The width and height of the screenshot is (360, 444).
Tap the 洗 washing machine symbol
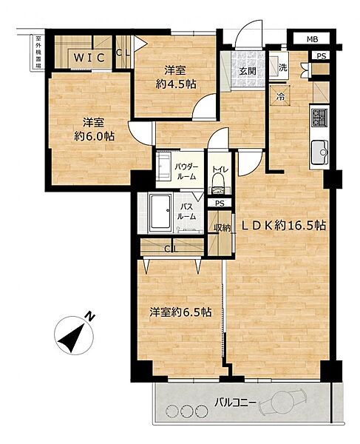coord(282,68)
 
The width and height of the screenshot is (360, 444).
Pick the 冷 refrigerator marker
coord(281,95)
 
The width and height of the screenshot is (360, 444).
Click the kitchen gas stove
coord(320,116)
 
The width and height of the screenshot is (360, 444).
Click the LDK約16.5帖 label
coord(282,226)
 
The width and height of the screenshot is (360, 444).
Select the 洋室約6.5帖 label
coord(180,313)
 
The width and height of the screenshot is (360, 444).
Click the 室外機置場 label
coord(37,55)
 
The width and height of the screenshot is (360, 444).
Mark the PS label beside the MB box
coord(321,55)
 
